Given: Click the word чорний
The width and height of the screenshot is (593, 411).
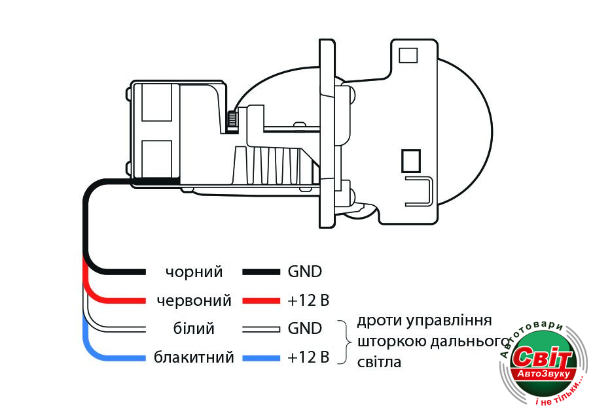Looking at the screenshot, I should [194, 272].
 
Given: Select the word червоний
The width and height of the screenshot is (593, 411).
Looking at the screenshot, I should [194, 301].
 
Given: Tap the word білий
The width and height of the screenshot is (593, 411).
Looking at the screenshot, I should [194, 329].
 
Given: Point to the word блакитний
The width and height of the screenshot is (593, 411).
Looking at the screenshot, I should [194, 357].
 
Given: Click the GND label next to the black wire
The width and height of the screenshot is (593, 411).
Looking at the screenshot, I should [305, 272].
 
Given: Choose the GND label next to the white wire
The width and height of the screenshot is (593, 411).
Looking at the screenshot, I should [305, 329].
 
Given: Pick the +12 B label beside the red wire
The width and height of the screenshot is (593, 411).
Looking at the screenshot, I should [308, 301].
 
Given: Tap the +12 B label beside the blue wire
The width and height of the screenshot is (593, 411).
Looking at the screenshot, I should [308, 357].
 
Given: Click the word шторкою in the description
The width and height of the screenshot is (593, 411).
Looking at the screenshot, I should [387, 341].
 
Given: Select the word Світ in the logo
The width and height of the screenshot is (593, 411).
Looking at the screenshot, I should [543, 358].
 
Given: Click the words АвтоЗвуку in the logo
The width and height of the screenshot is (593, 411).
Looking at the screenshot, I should [545, 374].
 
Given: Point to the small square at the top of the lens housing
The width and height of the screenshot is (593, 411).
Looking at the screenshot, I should [408, 55].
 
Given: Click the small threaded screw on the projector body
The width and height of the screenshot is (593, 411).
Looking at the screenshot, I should [232, 120].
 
